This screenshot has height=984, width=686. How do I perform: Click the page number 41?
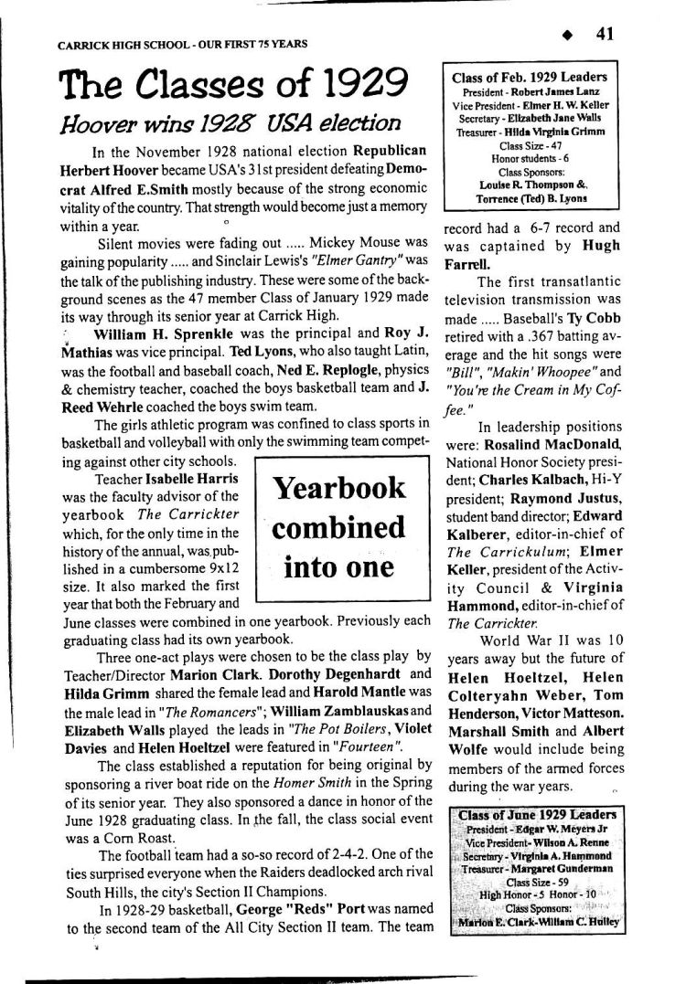pos(604,34)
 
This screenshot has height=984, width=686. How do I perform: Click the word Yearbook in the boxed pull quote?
pos(338,488)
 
